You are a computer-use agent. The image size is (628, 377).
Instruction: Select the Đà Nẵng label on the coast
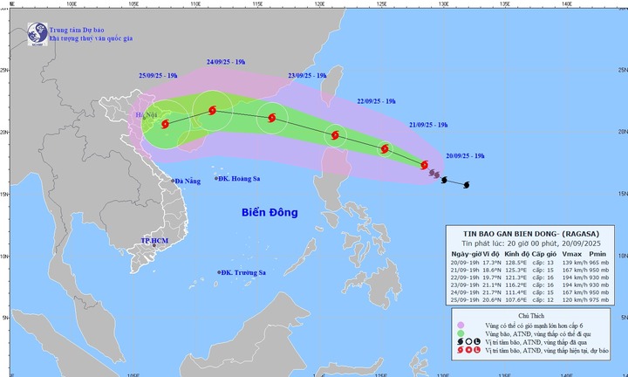point(187,182)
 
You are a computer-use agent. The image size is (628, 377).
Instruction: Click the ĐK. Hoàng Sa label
point(240,179)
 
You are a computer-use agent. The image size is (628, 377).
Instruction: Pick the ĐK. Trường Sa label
point(243,273)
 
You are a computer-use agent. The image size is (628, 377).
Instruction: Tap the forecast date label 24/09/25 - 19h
point(226,62)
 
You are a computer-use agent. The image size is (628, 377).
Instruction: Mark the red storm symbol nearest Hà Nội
point(166,125)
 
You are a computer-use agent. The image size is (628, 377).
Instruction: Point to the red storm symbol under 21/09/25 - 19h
point(385,149)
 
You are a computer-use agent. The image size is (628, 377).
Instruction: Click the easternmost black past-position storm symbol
point(466,184)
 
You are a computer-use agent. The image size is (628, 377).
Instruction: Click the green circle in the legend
point(460,334)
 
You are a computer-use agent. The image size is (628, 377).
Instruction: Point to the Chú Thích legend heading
point(530,312)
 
